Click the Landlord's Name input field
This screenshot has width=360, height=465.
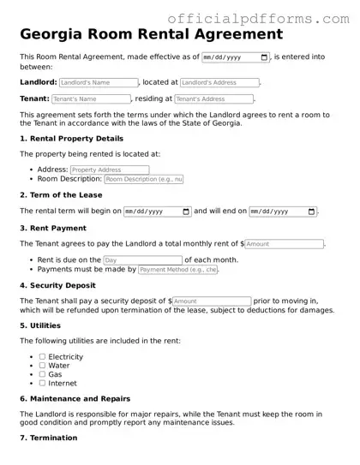click(99, 83)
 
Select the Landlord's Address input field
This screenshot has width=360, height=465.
click(219, 83)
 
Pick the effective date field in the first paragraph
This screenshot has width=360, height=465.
click(235, 57)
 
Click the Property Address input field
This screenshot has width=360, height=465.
click(109, 170)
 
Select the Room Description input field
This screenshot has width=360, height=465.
click(144, 180)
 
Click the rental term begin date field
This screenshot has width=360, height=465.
click(158, 212)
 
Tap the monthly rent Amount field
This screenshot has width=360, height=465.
click(285, 244)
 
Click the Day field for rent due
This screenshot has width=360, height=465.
click(142, 260)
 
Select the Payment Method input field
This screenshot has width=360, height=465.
click(178, 270)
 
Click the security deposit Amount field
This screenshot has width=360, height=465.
click(212, 301)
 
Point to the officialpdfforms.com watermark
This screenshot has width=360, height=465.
click(257, 18)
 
